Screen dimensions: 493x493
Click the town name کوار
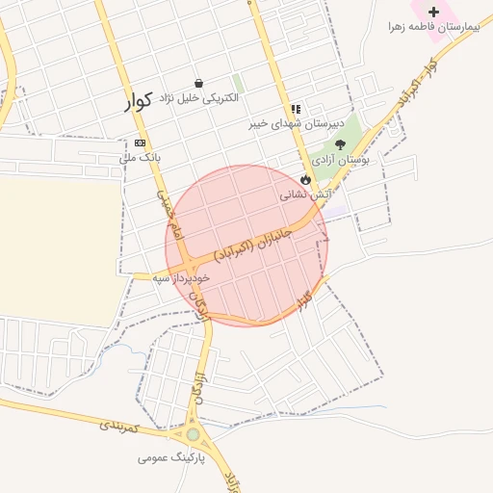coord(139,102)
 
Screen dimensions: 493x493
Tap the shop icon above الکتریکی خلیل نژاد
coord(198,84)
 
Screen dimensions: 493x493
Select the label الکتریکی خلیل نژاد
coord(198,99)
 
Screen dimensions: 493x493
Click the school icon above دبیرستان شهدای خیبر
coord(295,110)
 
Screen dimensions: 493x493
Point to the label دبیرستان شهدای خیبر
coord(286,123)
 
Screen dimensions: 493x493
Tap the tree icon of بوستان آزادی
coord(340,143)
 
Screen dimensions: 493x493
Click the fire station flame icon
coord(306,179)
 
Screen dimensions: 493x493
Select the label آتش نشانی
coord(306,194)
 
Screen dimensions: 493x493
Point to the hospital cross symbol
coord(433,13)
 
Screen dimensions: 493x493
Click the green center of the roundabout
coord(194,434)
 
